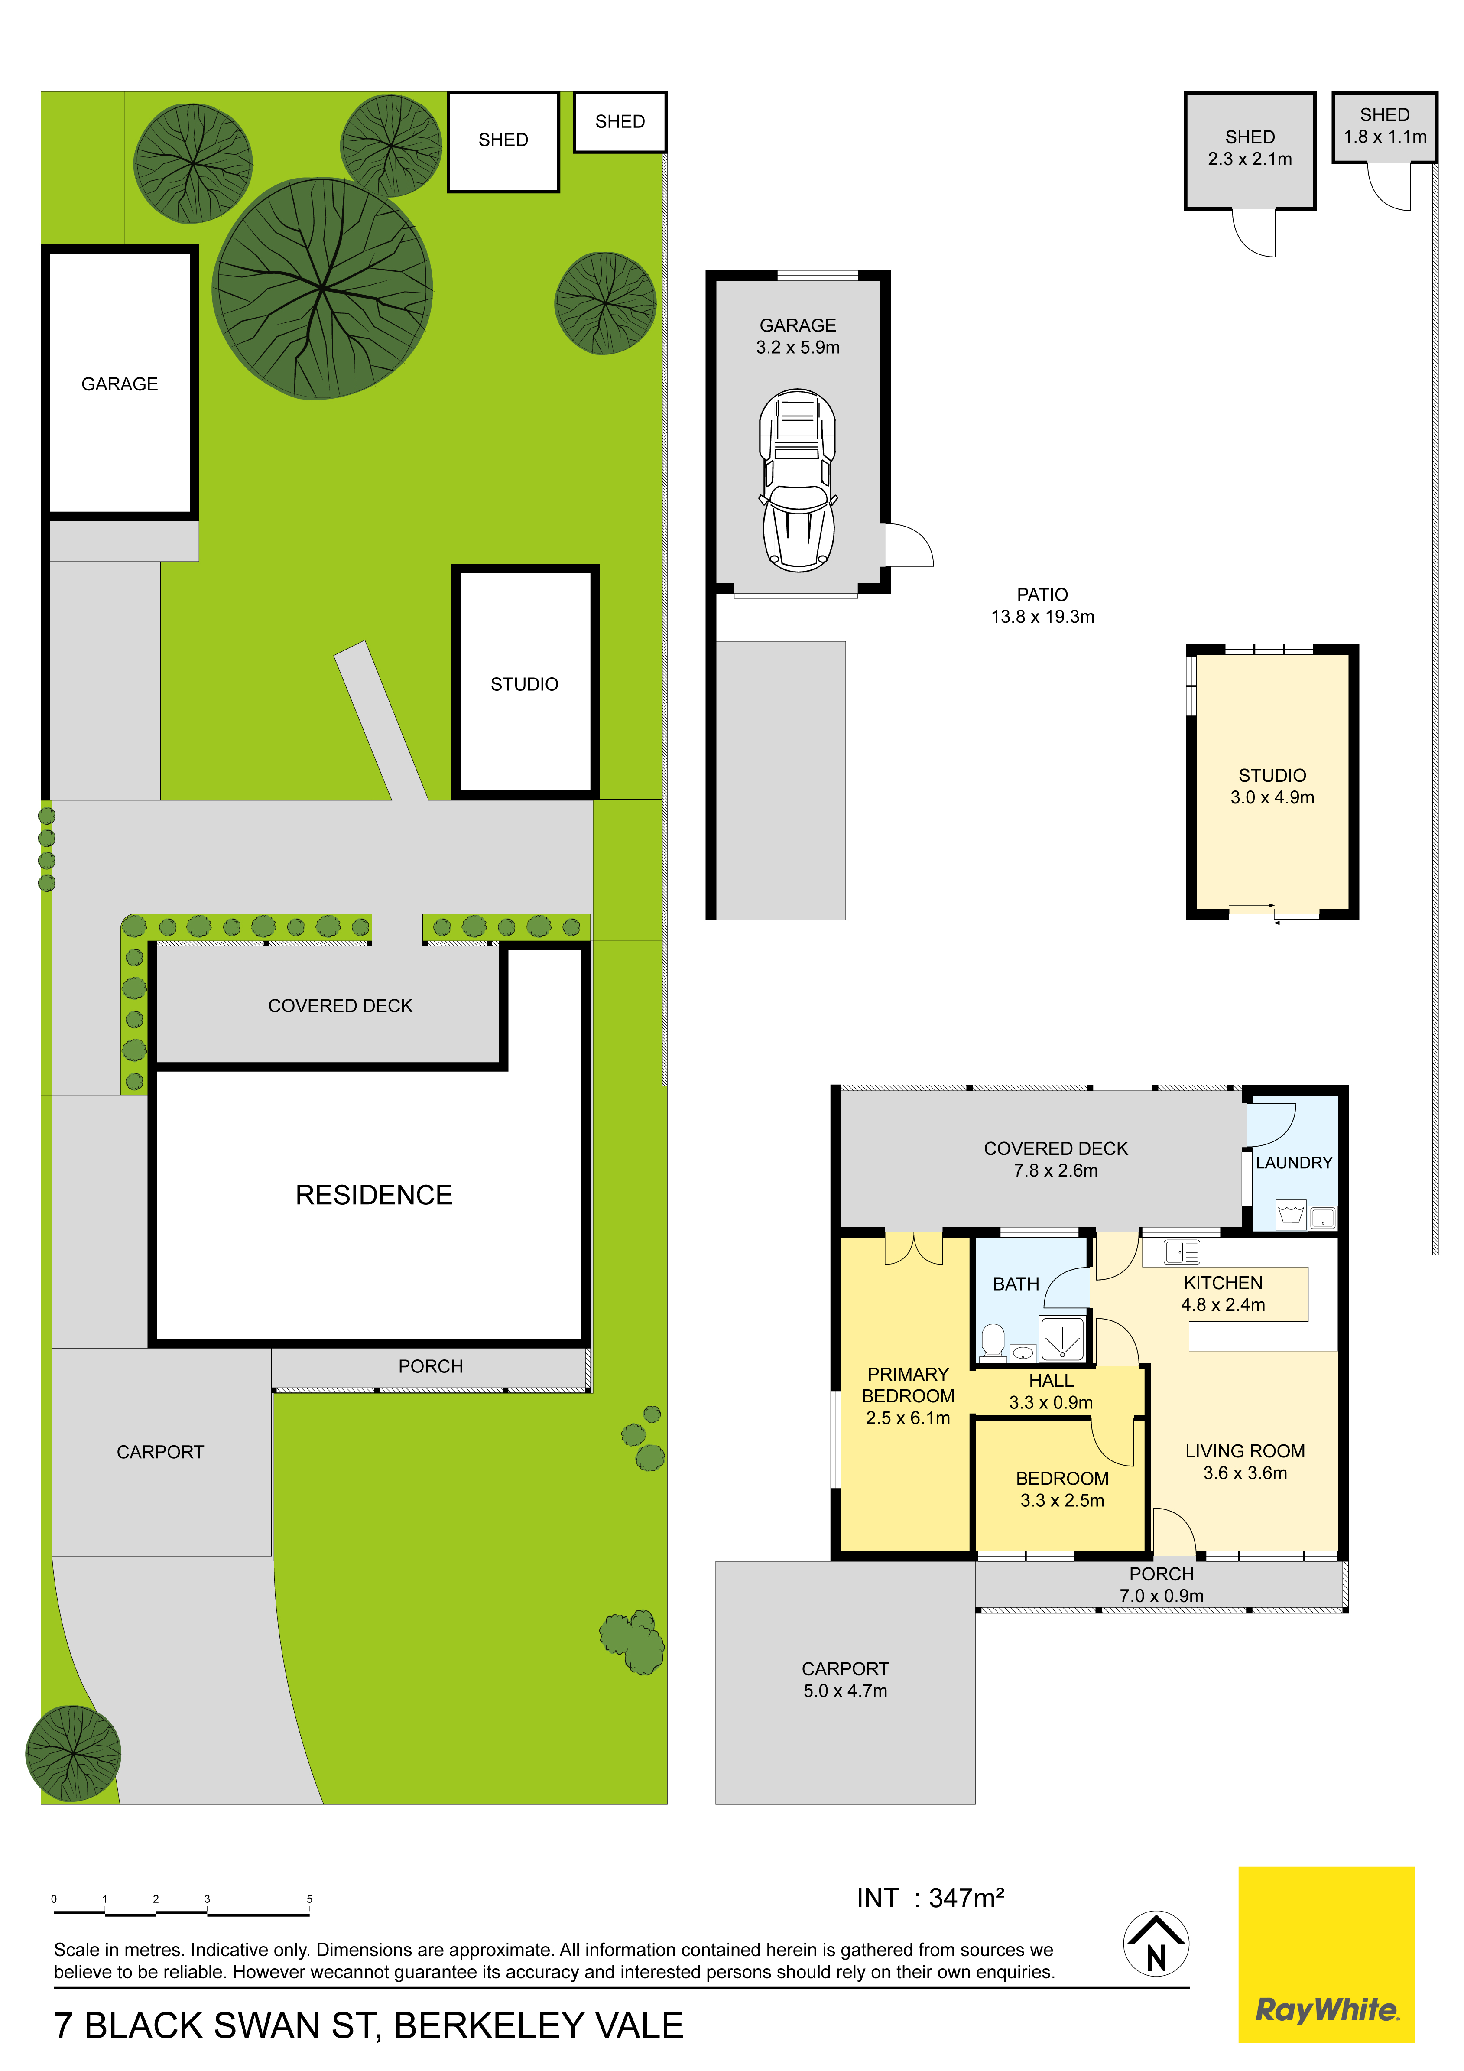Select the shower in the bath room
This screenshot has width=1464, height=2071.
1061,1338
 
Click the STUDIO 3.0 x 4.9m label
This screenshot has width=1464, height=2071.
1272,786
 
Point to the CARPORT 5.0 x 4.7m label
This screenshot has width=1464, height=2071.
845,1680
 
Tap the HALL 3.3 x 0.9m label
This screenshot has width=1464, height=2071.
1051,1391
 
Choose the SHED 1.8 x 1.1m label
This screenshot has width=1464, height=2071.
1385,125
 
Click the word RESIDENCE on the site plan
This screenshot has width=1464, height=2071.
373,1195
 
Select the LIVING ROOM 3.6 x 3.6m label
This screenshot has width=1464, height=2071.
1245,1461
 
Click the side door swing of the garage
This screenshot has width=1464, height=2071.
907,544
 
